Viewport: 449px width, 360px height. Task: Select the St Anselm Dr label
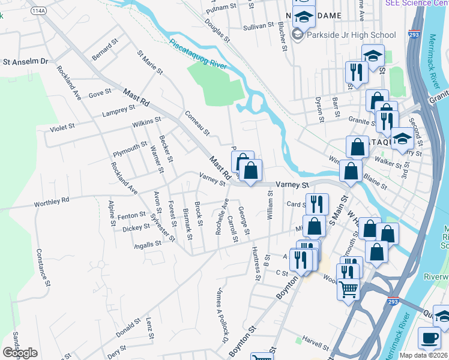click(x=25, y=61)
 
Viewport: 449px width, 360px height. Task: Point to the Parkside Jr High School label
click(x=351, y=35)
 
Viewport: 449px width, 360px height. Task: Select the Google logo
click(x=20, y=353)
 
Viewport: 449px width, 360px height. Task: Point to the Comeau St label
click(x=197, y=122)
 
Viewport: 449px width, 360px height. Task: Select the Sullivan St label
click(x=259, y=28)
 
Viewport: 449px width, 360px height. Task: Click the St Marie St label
click(x=150, y=62)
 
